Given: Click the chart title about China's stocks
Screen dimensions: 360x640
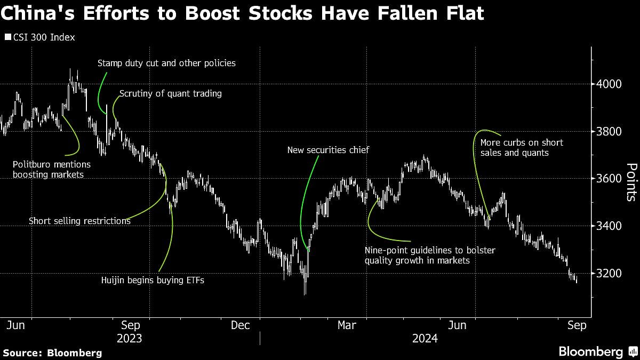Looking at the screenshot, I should [242, 13].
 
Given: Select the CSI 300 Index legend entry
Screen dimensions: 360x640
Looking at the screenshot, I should [40, 37].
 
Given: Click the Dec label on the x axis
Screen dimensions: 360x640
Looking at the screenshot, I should [241, 325].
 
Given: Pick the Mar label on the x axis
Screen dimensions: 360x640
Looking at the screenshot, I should [347, 325].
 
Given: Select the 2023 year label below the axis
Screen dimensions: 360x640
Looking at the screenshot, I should [129, 339].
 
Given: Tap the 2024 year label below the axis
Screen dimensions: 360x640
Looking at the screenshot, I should [425, 339].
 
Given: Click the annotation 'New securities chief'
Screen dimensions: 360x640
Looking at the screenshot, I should [328, 150].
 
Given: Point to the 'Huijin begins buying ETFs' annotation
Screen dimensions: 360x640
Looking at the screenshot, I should [153, 280].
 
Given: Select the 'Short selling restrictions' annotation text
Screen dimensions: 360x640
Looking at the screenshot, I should [79, 221].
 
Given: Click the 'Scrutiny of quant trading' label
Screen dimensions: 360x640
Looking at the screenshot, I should [170, 94].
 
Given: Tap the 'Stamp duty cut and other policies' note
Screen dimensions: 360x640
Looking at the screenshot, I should [166, 63].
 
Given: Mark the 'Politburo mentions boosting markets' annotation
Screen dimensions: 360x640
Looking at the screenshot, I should [52, 169].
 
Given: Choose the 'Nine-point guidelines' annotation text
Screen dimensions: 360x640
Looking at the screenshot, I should [430, 255].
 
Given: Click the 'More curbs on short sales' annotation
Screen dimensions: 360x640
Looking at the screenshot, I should [522, 148].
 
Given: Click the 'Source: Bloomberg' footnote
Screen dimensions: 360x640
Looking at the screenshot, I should [52, 353].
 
